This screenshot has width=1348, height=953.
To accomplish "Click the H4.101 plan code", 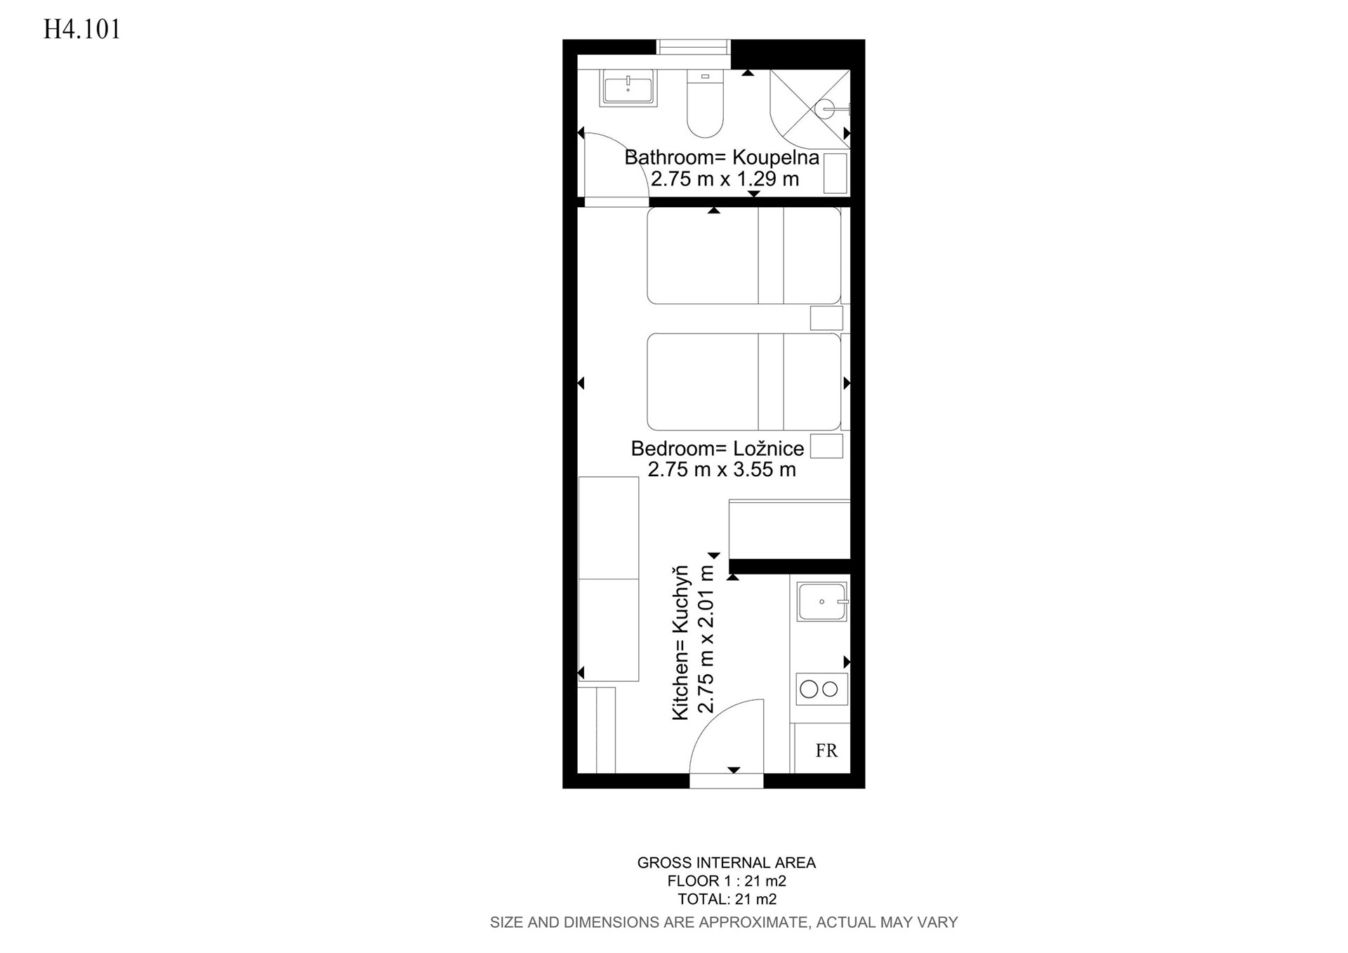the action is [x=82, y=29].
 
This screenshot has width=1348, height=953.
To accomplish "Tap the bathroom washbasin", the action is [x=628, y=88].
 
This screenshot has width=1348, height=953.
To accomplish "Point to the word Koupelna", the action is [x=776, y=157].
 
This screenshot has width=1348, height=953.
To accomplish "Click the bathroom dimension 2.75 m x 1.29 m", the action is [x=725, y=179].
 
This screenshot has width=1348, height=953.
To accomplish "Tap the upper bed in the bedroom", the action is [x=744, y=256].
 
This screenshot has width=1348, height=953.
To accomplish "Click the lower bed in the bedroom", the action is [x=744, y=381].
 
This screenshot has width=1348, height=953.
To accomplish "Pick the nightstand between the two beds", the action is [x=826, y=318].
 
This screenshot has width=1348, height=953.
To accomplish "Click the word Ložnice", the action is [x=769, y=449].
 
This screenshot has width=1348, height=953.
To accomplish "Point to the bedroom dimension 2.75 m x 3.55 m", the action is [x=722, y=470].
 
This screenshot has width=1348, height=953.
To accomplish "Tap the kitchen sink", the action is [x=822, y=602].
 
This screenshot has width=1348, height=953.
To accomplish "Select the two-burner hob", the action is [x=821, y=689].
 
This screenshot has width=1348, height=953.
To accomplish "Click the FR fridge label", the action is [x=826, y=751].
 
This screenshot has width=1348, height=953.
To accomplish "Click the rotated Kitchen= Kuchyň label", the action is [x=681, y=643].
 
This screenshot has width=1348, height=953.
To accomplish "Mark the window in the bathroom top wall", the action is [x=693, y=46].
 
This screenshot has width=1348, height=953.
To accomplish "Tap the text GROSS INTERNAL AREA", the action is [x=727, y=862].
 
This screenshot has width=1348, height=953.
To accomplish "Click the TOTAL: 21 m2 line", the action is [x=727, y=899].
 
